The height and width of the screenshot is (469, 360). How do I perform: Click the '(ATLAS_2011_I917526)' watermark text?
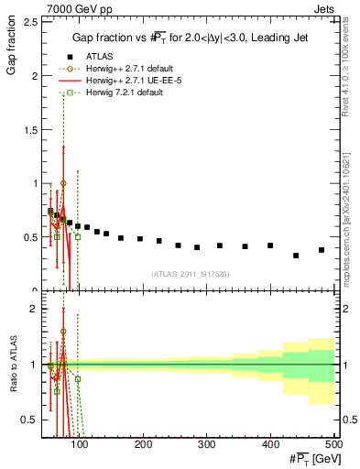pyautogui.click(x=190, y=273)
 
